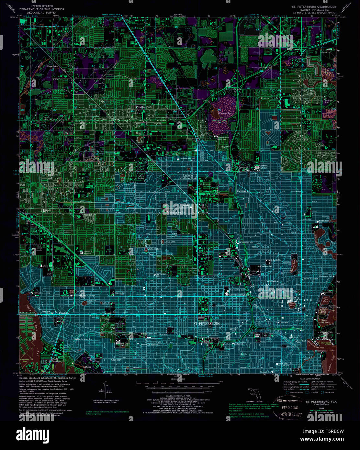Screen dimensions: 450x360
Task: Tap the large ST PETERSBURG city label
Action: (207, 323)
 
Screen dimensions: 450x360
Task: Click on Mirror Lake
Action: (292, 304)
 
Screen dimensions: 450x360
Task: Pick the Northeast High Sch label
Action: (263, 167)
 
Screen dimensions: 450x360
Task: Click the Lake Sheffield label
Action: (155, 249)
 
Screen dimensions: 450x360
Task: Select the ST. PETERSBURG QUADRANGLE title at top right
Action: (311, 6)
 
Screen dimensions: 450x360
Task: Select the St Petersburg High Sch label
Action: (239, 295)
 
